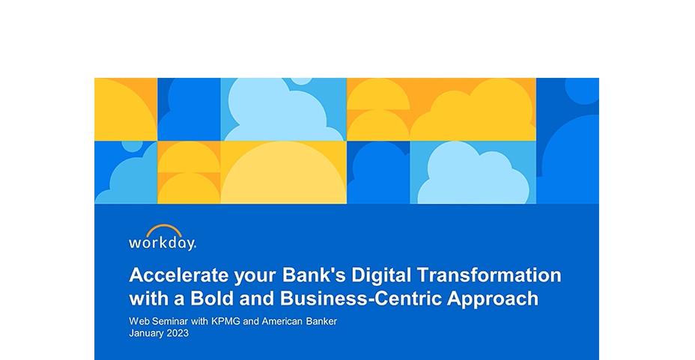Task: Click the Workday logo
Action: [163, 238]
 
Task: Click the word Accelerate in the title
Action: [179, 275]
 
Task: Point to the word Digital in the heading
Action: [381, 276]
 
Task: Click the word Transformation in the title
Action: [489, 275]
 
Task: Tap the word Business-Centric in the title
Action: [360, 299]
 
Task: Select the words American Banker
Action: [299, 321]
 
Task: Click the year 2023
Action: [177, 333]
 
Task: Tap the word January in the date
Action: [146, 334]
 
